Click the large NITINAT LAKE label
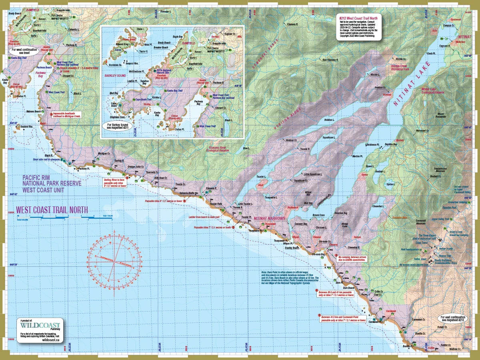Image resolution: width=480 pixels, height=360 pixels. (x=412, y=84)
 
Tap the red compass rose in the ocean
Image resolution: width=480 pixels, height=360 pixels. (x=114, y=262)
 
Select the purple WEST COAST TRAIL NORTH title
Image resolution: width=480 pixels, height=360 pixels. (x=52, y=210)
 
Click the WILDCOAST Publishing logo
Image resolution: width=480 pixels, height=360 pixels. (x=40, y=326)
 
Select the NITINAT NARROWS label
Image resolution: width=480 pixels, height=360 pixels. (x=269, y=219)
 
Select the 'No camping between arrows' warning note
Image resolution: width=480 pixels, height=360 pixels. (x=352, y=258)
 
